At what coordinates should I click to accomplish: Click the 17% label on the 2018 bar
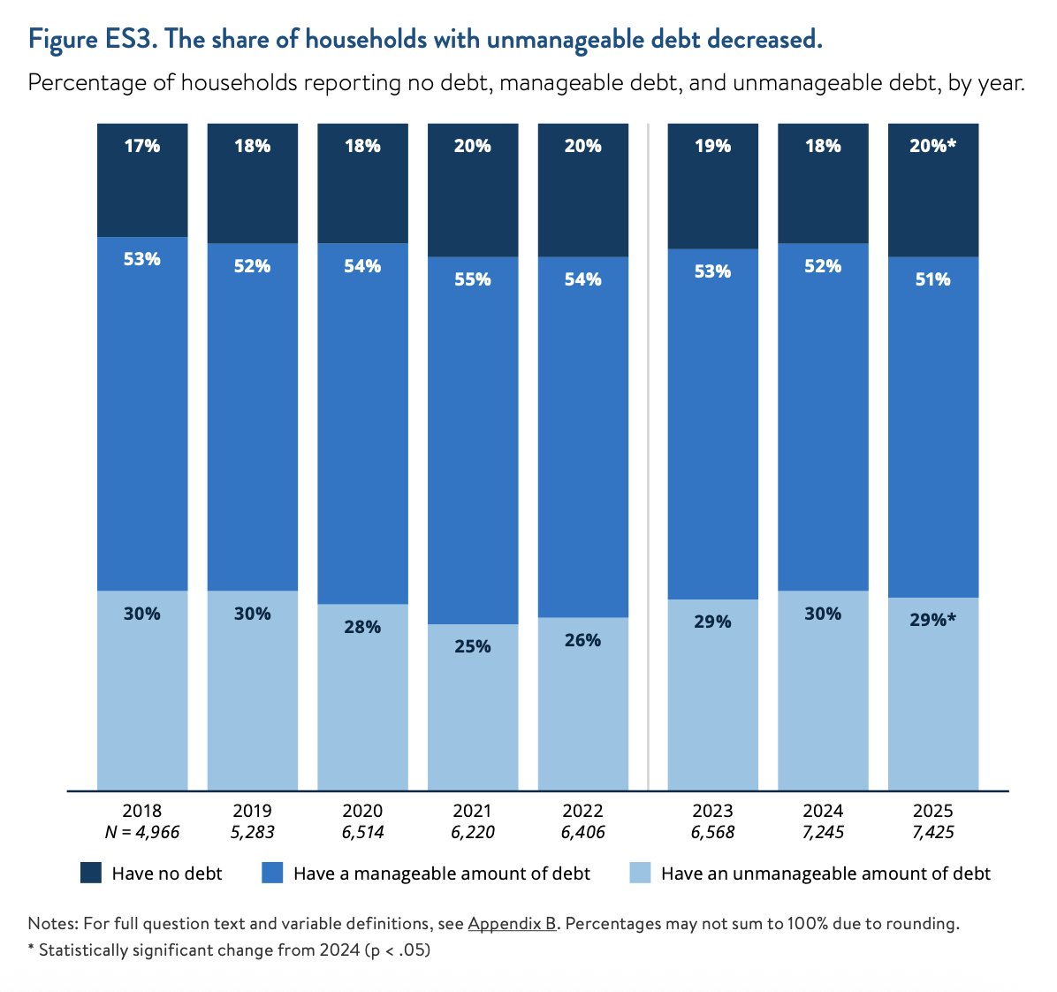coord(142,146)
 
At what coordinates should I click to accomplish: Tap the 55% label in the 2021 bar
coord(473,279)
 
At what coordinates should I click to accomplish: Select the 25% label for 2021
coord(473,646)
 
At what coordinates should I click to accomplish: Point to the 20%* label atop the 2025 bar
coord(933,146)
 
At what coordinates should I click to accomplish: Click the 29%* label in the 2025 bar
coord(933,620)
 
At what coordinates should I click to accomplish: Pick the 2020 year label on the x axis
coord(362,811)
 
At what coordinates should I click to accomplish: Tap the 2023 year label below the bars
coord(712,811)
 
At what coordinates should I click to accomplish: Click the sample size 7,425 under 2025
coord(933,832)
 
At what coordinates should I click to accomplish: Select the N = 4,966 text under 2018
coord(142,832)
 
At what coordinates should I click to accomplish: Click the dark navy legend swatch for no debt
coord(91,874)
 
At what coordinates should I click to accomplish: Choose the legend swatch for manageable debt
coord(272,874)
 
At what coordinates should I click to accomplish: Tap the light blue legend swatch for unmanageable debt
coord(640,874)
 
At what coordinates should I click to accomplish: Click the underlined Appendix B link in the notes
coord(512,924)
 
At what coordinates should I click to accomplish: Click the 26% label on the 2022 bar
coord(583,640)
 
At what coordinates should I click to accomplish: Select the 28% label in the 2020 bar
coord(362,627)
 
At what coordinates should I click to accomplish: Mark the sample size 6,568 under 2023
coord(712,832)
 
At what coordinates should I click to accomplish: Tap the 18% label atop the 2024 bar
coord(823,146)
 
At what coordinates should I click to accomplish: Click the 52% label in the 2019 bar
coord(253,266)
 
